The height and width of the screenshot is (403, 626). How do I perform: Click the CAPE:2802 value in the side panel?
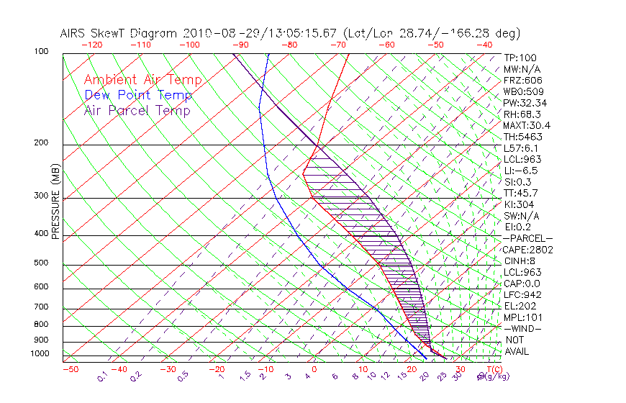coord(527,250)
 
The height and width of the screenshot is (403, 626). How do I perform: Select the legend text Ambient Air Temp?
coord(143,80)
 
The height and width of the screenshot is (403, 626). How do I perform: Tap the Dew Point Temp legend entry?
coord(138,95)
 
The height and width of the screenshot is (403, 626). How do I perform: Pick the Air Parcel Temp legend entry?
coord(137,110)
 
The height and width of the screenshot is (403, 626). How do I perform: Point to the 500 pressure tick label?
coord(42,264)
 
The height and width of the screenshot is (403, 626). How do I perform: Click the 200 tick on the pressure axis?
coord(42,143)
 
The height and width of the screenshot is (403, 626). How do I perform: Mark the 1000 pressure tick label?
coord(39,354)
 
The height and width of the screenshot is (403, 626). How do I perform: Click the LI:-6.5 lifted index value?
coord(521,171)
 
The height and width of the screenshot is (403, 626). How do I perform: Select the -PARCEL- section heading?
coord(527,238)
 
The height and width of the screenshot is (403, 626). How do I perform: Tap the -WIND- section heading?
coord(523,328)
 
